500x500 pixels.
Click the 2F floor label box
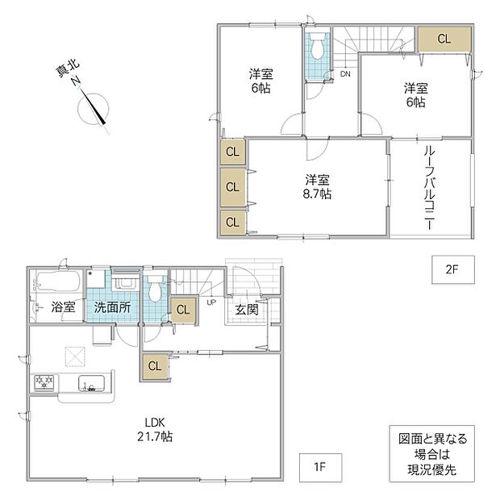coord(452,269)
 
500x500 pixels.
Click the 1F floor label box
coord(320,467)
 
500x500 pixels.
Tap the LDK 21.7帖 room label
coord(155,430)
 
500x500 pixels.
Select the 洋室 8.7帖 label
coord(317,186)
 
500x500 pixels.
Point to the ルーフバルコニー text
coord(429,188)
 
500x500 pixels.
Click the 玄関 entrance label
coord(247,310)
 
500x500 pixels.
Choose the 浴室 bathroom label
coord(63,306)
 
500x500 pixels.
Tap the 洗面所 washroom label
coord(112,308)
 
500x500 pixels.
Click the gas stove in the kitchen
coord(44,382)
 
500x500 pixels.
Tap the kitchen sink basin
coord(91,383)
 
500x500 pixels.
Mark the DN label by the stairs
coord(345,74)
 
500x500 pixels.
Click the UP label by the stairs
coord(211,302)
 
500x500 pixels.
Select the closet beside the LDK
coord(155,366)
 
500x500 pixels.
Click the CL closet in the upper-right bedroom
coord(444,39)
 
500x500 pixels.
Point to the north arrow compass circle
coord(93,109)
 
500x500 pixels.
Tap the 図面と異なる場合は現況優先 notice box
coord(432,453)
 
